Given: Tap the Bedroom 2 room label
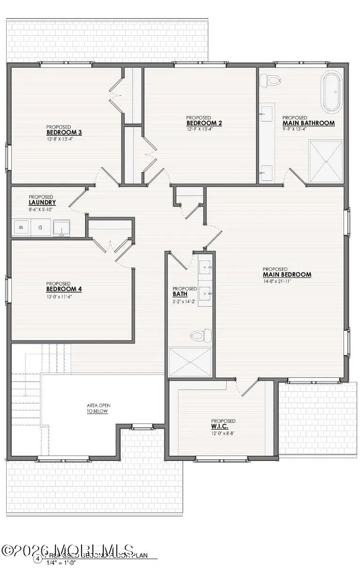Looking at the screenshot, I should click(204, 123).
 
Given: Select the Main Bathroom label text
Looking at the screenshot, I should click(308, 123).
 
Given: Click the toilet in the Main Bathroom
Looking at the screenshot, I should click(272, 81).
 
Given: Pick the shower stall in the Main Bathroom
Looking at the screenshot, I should click(326, 161).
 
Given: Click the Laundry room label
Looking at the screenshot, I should click(42, 203).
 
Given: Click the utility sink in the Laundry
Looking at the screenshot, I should click(62, 228).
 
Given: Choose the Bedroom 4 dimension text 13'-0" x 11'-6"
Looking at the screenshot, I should click(58, 297).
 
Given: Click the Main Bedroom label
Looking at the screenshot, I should click(286, 275).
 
